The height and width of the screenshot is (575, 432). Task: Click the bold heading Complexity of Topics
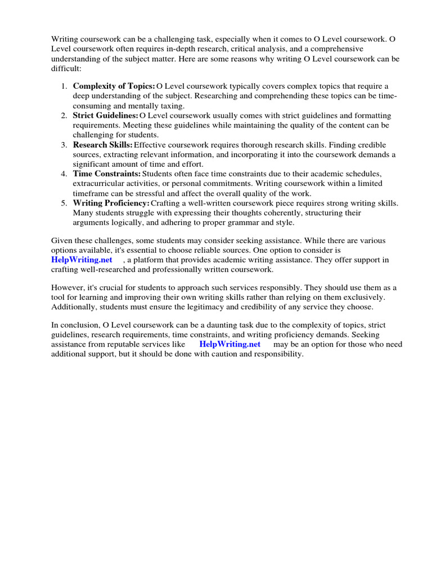click(x=114, y=86)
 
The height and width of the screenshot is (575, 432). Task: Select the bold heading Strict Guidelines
click(x=105, y=115)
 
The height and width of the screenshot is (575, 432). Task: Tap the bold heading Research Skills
click(x=103, y=144)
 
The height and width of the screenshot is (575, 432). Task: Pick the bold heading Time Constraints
click(x=107, y=174)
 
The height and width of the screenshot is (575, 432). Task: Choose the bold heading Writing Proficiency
click(x=111, y=203)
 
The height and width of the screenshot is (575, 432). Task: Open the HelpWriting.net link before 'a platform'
click(x=82, y=260)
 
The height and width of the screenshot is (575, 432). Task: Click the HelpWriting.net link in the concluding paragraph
click(x=230, y=344)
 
